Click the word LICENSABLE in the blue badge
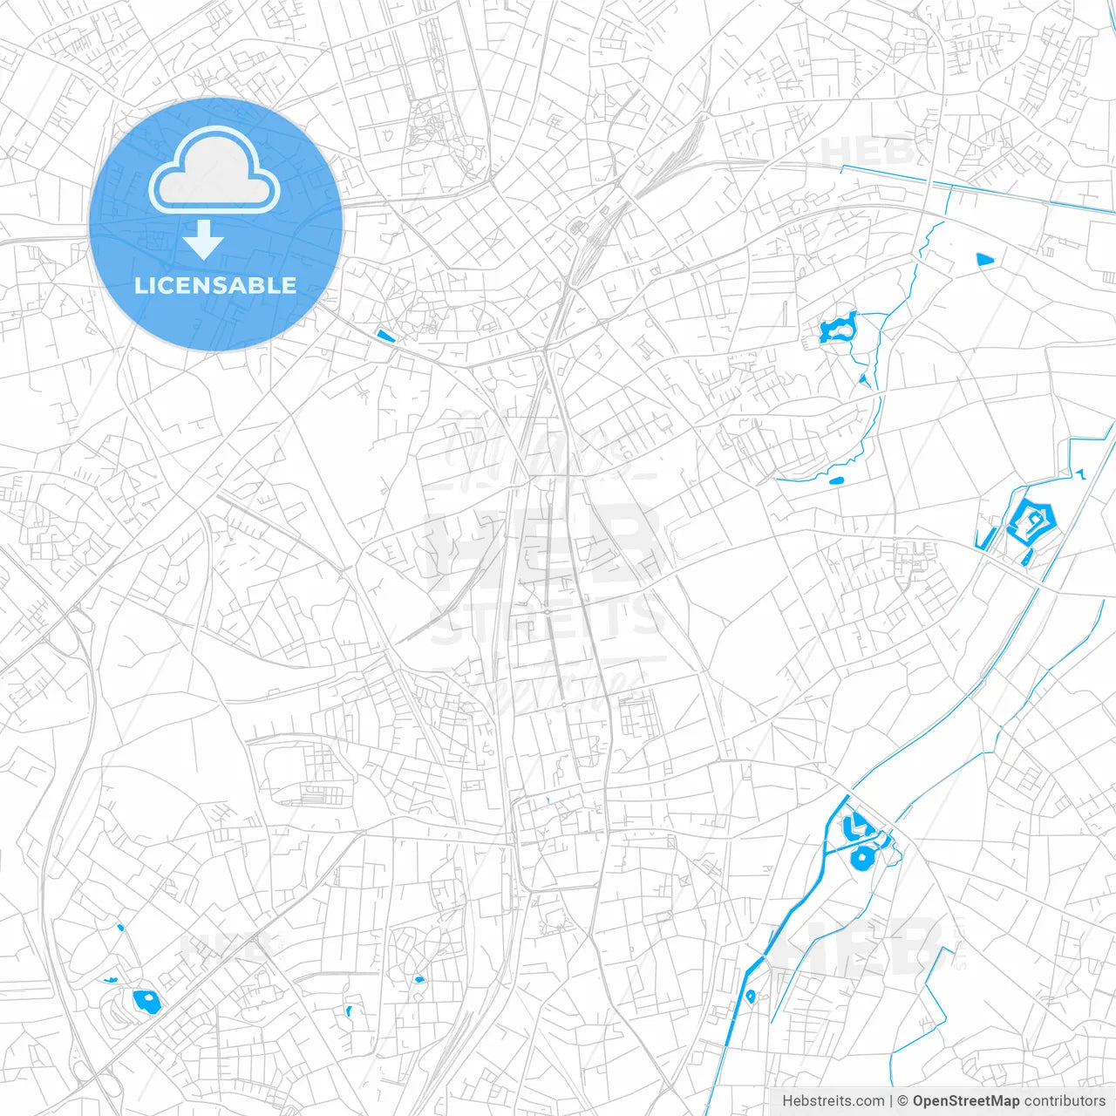point(215,285)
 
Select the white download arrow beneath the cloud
point(204,239)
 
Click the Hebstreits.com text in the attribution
point(833,1101)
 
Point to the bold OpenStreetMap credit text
point(965,1101)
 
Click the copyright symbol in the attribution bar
point(903,1101)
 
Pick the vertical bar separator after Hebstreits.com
point(891,1101)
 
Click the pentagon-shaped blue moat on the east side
point(1031,521)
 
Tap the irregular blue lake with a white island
point(839,328)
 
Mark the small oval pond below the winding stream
point(836,480)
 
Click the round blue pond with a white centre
point(861,856)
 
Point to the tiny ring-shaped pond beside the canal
point(750,996)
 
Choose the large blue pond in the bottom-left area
point(146,1001)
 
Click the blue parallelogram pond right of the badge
point(384,335)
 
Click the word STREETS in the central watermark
point(548,619)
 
